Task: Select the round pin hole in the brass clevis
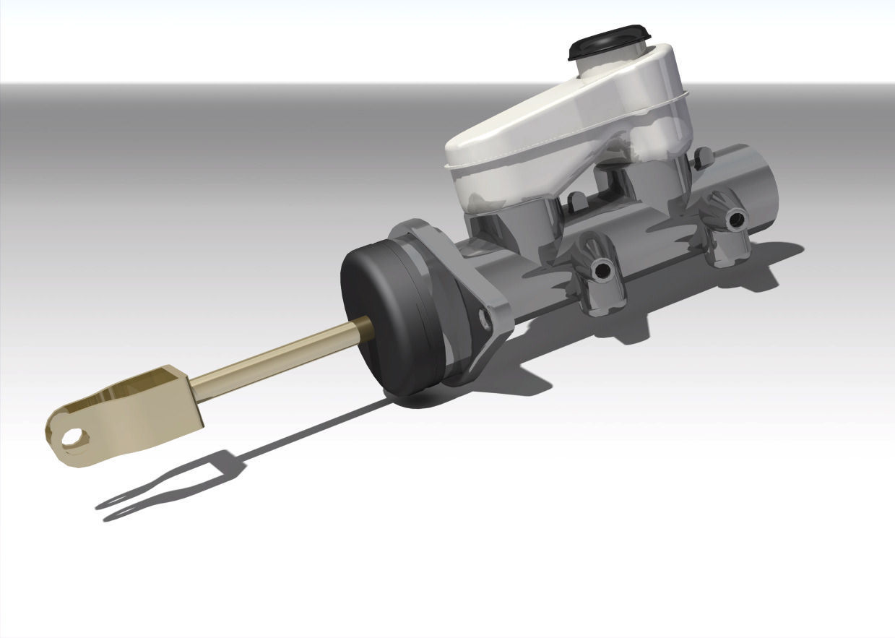pyautogui.click(x=72, y=437)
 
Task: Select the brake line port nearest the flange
pyautogui.click(x=600, y=270)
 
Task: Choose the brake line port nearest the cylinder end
pyautogui.click(x=736, y=218)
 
